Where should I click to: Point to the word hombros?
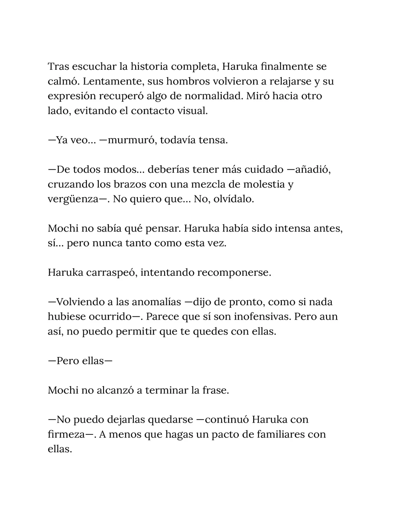[x=193, y=82]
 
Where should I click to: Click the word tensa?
[x=212, y=141]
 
